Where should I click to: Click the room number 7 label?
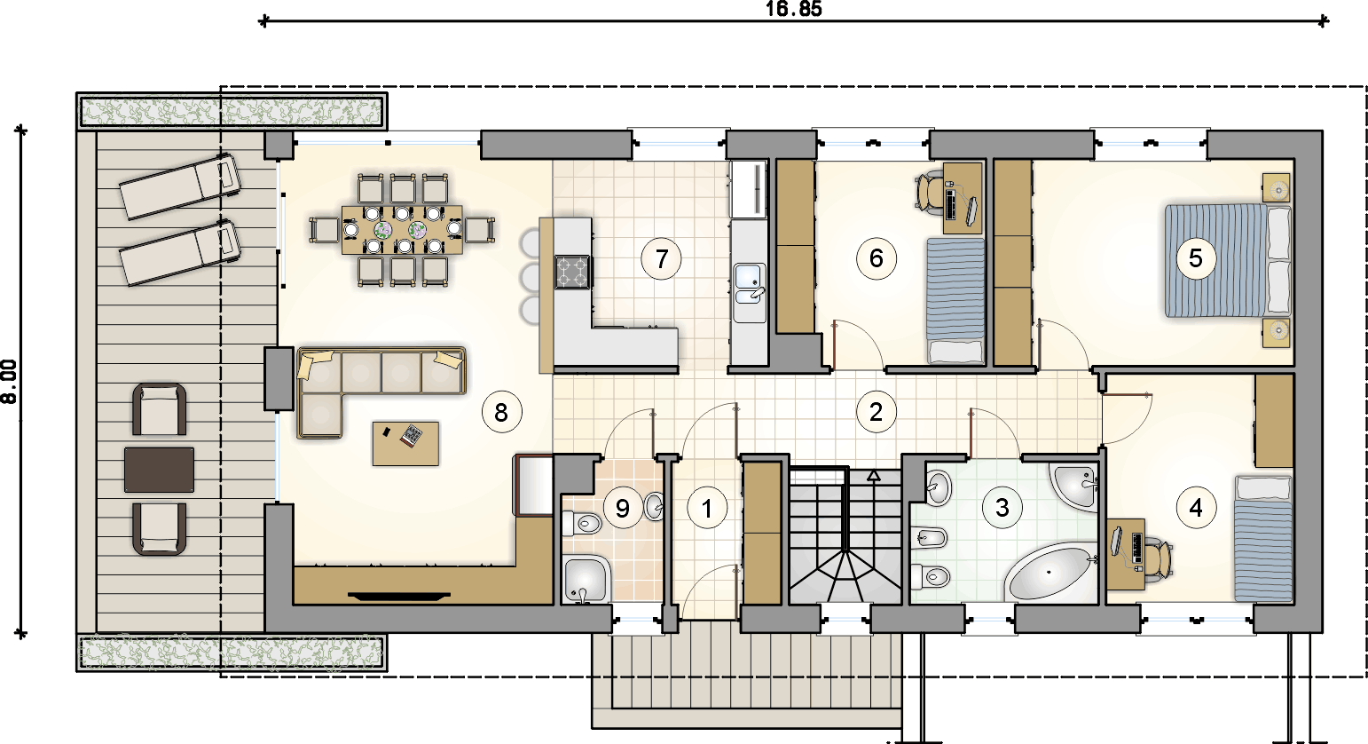tap(662, 259)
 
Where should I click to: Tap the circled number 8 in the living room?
tap(501, 413)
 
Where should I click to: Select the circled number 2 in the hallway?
tap(877, 412)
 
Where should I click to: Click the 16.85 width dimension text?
tap(793, 9)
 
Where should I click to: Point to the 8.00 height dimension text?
tap(9, 382)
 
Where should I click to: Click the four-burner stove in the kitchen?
tap(572, 272)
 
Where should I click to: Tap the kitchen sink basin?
tap(749, 284)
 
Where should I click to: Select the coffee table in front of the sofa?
tap(405, 444)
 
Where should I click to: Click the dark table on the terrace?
tap(160, 470)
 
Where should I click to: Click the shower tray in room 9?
tap(586, 579)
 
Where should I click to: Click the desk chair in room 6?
tap(931, 191)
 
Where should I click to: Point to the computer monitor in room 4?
tap(1116, 541)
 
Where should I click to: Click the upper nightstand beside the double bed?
tap(1277, 187)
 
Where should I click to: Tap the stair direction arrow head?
tap(874, 475)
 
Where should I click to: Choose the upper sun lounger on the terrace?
tap(179, 186)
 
